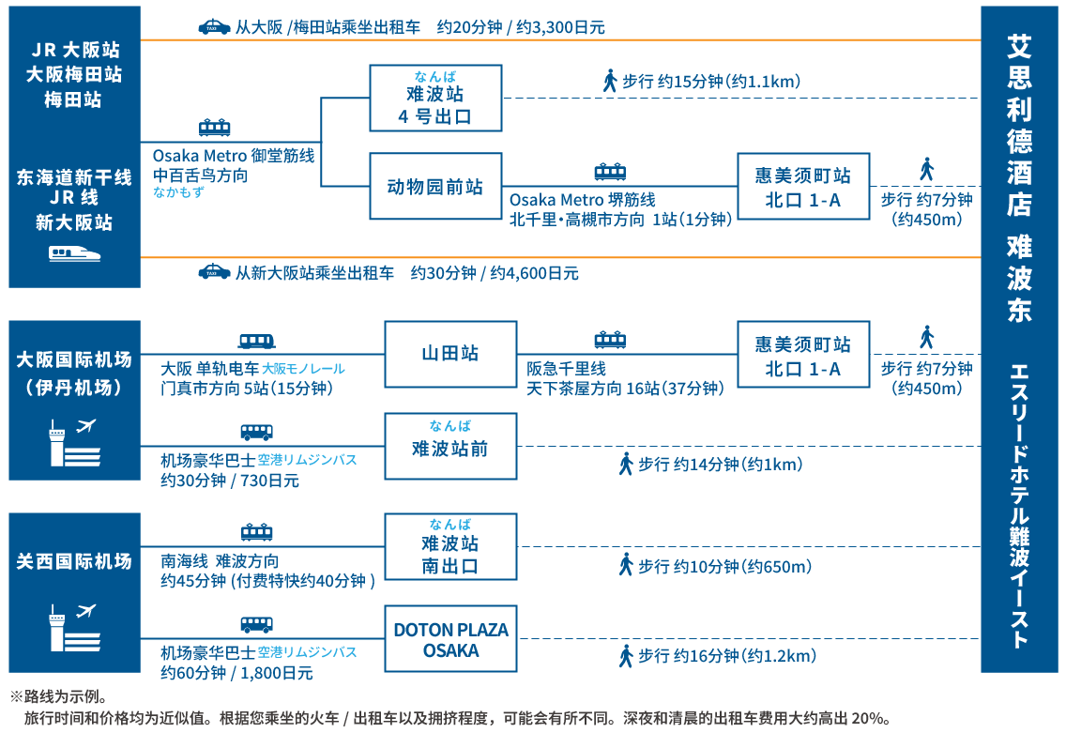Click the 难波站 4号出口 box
pos(435,98)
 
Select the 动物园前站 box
pos(435,187)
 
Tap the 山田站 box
pos(450,354)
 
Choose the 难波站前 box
pos(450,444)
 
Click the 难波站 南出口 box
pos(450,546)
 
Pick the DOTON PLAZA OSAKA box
pos(450,639)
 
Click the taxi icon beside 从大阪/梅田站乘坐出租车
pos(215,27)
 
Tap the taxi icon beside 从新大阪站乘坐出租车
pos(214,273)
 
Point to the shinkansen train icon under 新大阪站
pos(74,253)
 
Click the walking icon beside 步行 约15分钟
pos(609,81)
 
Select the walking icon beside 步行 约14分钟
pos(626,464)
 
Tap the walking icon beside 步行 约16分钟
pos(626,656)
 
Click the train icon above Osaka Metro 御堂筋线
pos(214,129)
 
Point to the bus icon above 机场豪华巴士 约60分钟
pos(256,625)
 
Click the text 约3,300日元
pos(562,28)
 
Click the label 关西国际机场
pos(74,562)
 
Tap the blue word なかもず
pos(178,192)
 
